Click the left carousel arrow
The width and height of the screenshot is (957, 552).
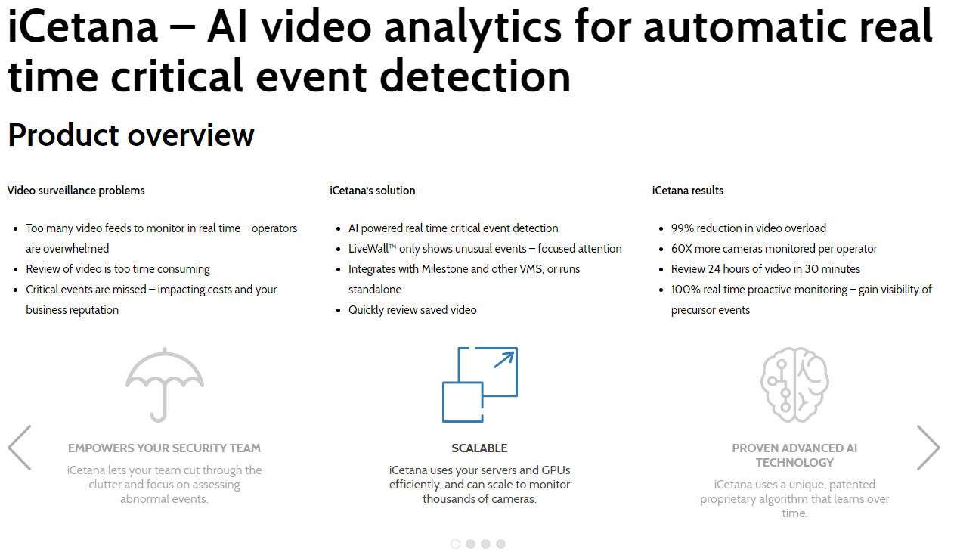[20, 448]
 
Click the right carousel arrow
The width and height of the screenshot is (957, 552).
[928, 448]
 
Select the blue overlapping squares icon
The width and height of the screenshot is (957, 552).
[479, 384]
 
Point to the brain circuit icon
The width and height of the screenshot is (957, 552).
[794, 384]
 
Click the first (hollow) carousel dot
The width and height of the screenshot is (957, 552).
[455, 544]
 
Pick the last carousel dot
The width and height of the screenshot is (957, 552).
[500, 544]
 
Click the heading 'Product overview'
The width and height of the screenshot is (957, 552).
[131, 135]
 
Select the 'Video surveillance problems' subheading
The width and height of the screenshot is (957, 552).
[76, 191]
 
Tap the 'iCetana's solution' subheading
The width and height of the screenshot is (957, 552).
[373, 191]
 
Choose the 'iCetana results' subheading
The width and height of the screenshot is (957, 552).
[688, 191]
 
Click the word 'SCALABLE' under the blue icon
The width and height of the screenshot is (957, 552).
[479, 448]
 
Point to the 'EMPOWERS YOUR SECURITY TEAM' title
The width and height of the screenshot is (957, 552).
[164, 448]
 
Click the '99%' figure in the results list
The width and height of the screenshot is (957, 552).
[683, 228]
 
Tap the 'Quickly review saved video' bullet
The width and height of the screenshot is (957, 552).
[412, 310]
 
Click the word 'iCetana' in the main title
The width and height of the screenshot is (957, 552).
[82, 28]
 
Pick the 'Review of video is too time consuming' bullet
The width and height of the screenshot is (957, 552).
[118, 269]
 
